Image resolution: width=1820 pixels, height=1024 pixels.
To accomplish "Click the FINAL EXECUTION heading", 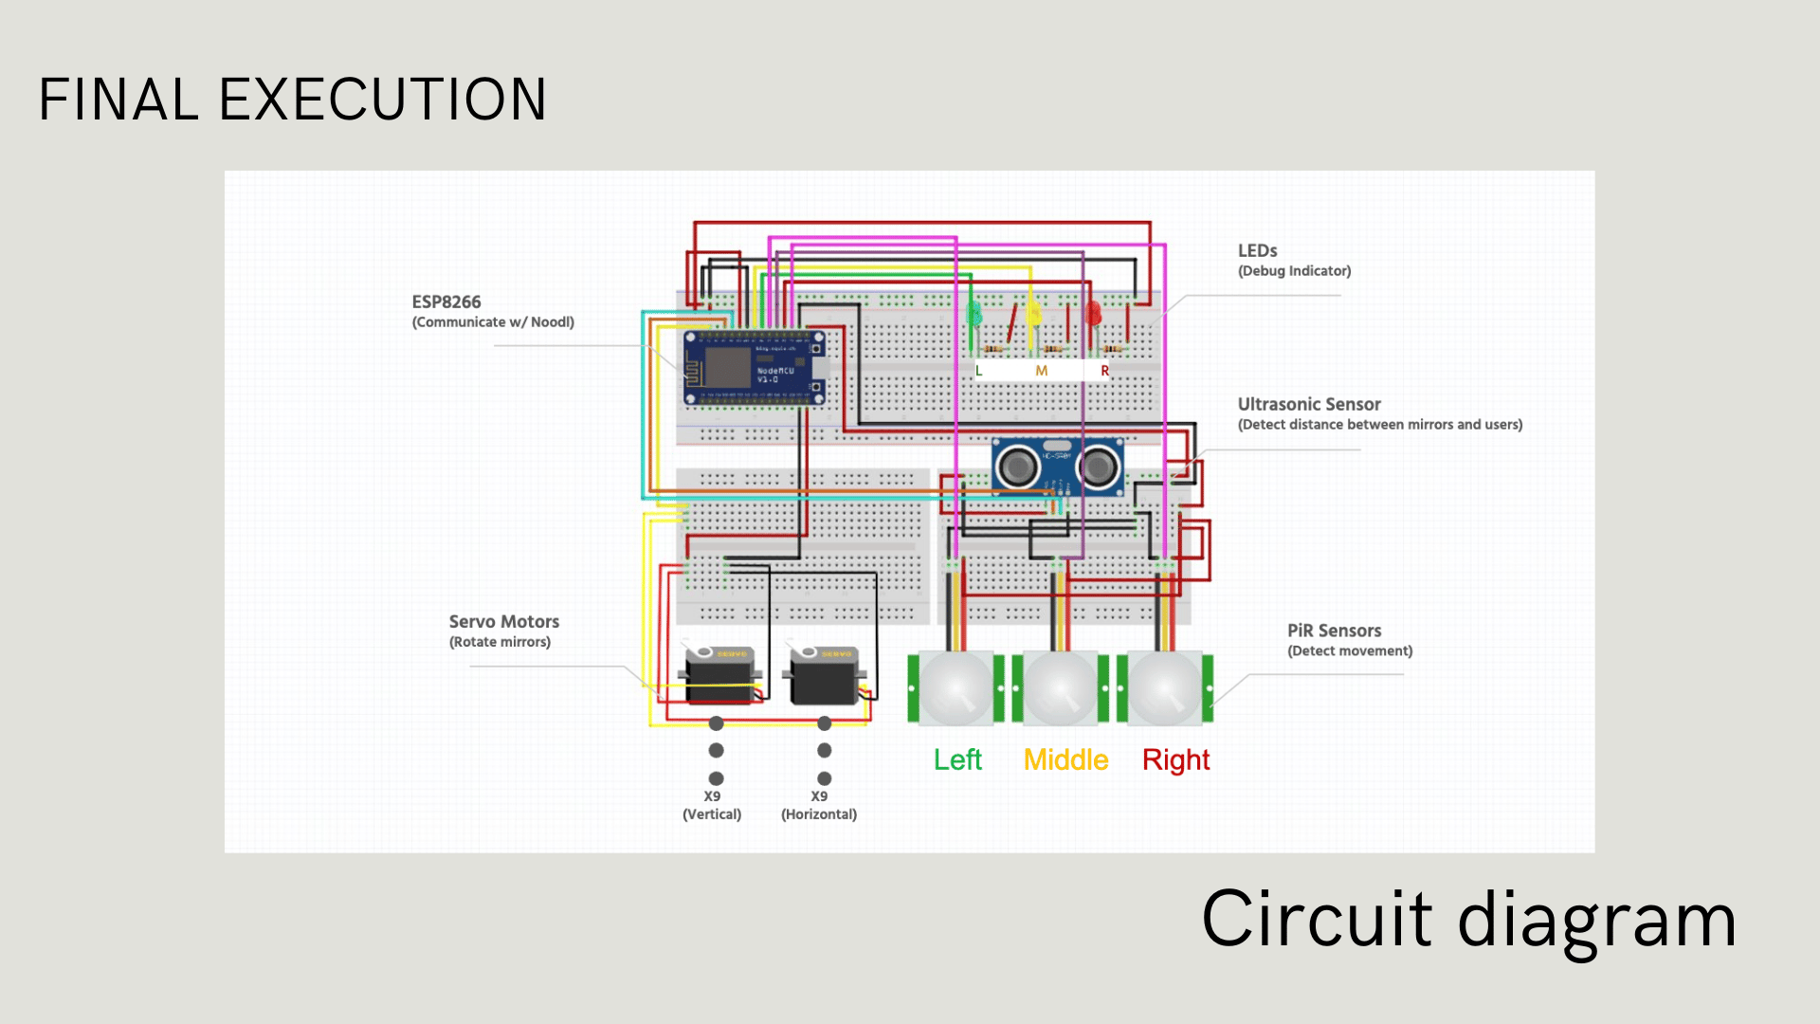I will [292, 100].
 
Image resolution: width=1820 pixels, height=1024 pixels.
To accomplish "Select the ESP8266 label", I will [446, 302].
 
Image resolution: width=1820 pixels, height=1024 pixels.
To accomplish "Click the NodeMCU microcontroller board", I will [755, 369].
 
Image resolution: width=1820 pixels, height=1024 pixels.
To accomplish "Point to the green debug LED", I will [974, 313].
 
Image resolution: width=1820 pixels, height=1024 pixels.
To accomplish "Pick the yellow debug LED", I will [1034, 313].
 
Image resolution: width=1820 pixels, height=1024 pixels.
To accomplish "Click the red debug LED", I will [1093, 313].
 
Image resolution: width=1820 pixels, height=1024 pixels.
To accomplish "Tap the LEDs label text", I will [1257, 251].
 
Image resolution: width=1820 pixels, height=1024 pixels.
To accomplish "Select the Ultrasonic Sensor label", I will [1308, 405].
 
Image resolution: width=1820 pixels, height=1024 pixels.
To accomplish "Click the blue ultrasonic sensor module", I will [1057, 466].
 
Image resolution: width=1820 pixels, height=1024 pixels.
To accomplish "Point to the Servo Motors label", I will [503, 622].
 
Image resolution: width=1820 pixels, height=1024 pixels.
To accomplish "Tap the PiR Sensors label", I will [1334, 631].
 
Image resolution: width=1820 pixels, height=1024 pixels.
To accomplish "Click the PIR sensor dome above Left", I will [955, 687].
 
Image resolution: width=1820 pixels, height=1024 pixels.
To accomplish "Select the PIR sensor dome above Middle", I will [1060, 687].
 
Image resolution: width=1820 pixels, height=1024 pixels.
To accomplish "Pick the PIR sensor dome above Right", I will [1164, 687].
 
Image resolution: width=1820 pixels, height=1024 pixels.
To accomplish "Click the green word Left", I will [957, 760].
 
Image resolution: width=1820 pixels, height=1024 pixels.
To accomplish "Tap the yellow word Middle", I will [1065, 760].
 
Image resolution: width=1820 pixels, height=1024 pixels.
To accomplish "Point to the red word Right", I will [1175, 760].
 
